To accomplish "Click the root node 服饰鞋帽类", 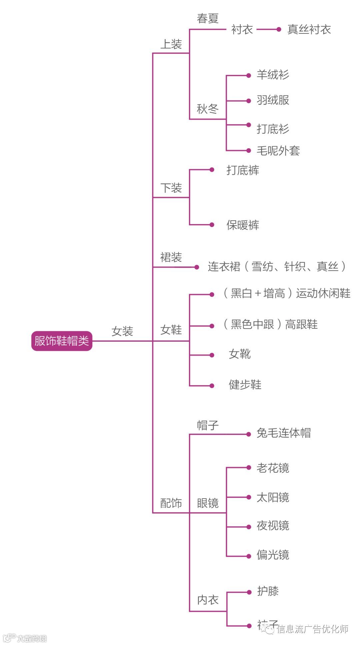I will (62, 341).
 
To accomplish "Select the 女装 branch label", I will (122, 331).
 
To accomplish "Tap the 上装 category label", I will (171, 44).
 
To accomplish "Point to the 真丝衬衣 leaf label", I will (309, 29).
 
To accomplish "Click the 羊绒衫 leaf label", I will (273, 75).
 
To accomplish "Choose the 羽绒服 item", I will (273, 100).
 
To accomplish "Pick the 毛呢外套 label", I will (278, 151).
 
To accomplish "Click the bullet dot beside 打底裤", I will (212, 170).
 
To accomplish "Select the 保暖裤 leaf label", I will (243, 225).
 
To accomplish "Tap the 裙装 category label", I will (171, 257).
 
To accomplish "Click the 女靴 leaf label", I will (240, 354).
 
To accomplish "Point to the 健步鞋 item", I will (245, 385).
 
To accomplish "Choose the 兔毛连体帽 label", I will (284, 433).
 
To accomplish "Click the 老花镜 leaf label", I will (273, 468).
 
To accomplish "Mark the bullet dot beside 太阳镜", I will (249, 497).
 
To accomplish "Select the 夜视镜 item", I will (273, 526).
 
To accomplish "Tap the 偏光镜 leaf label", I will (273, 555).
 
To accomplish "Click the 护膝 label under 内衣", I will (268, 591).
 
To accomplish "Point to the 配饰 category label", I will (171, 503).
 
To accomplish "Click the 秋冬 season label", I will (207, 109).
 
